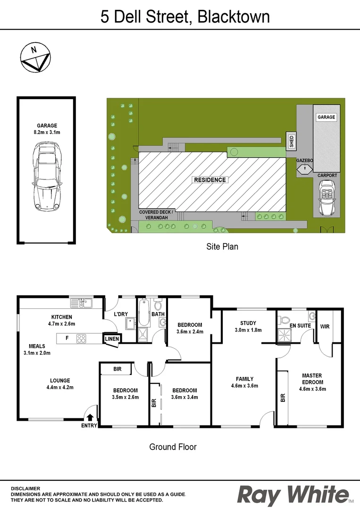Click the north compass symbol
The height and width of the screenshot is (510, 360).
(x=34, y=58)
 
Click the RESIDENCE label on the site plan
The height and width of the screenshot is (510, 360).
(x=210, y=180)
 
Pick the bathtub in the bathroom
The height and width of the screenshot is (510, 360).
(x=144, y=313)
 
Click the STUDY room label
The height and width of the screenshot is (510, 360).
(x=248, y=323)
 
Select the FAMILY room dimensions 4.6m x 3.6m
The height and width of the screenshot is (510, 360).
(x=245, y=385)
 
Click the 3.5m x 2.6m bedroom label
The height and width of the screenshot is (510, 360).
(x=125, y=397)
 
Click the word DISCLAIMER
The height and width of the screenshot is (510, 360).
(x=25, y=488)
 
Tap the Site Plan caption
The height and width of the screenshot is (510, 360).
(x=222, y=246)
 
